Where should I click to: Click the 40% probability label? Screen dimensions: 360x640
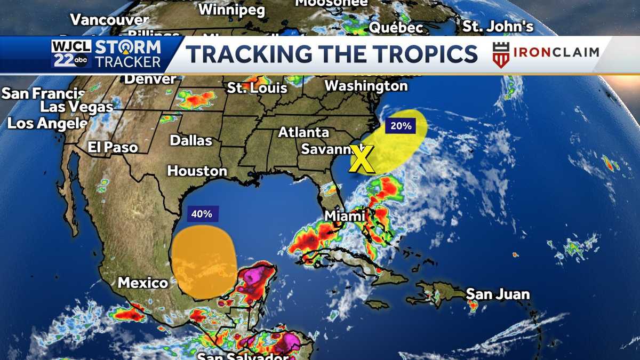click(x=202, y=214)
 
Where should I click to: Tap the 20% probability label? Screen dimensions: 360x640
click(x=401, y=126)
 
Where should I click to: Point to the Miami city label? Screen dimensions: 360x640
click(x=346, y=215)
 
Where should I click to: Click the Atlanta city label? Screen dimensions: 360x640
click(x=303, y=132)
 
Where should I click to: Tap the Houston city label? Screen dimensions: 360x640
click(x=197, y=171)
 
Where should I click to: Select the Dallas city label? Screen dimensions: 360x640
click(x=191, y=140)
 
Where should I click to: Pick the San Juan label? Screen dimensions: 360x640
click(x=498, y=294)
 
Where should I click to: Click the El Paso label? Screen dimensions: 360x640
click(x=113, y=147)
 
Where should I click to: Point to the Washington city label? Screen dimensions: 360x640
click(x=366, y=85)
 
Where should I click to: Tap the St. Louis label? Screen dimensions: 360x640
click(x=257, y=87)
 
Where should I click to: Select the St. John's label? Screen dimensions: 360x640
click(x=498, y=26)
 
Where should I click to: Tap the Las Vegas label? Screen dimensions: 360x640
click(x=77, y=107)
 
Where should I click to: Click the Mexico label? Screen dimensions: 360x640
click(x=143, y=282)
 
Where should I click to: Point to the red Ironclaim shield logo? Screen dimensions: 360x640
click(x=500, y=54)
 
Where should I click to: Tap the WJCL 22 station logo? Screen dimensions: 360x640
click(x=71, y=54)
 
